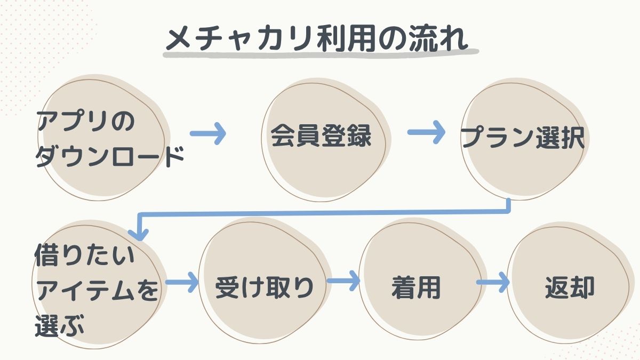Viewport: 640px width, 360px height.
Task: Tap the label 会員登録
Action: [321, 137]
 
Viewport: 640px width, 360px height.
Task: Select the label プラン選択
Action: [523, 138]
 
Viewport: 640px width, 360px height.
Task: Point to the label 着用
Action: [416, 288]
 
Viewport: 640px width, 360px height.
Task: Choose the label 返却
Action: [570, 288]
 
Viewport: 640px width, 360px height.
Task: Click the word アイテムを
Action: [97, 291]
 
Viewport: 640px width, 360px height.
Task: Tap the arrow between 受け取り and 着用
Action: [343, 281]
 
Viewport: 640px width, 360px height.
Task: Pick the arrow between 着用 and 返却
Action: [491, 283]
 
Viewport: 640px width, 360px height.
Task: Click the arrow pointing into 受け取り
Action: [182, 282]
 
